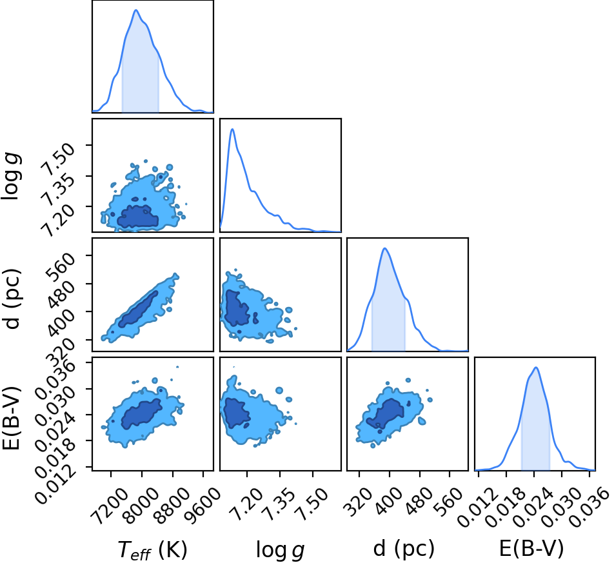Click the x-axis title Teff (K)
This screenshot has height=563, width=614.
(152, 549)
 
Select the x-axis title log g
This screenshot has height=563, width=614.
(280, 550)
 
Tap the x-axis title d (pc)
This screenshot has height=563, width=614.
(404, 548)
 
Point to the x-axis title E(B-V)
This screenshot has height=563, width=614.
(531, 548)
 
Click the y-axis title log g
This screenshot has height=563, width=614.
(12, 177)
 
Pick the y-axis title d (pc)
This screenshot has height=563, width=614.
(12, 299)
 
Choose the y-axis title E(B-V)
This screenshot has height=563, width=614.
(12, 418)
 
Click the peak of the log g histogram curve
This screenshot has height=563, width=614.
(232, 129)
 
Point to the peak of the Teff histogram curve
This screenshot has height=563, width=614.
(136, 10)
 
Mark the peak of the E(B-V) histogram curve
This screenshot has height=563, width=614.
(536, 367)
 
